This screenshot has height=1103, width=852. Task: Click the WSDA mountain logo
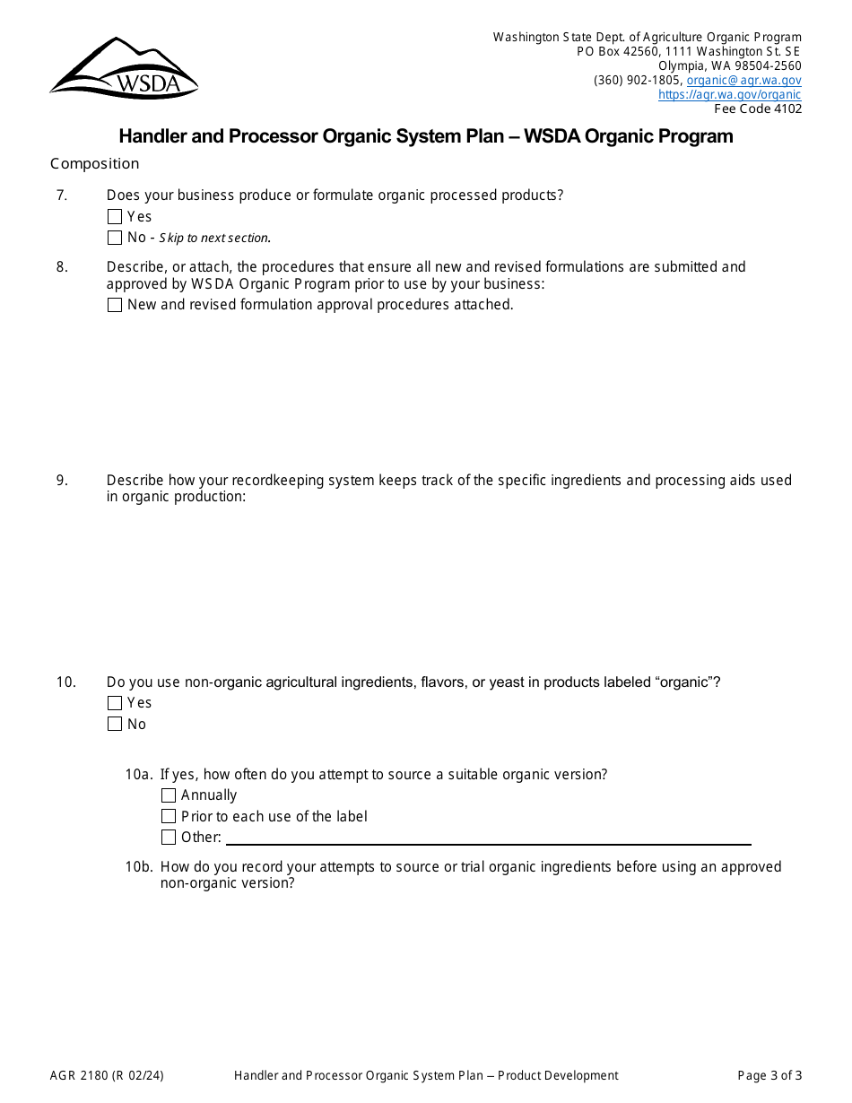tap(124, 68)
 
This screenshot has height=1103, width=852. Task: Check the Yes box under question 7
tap(115, 217)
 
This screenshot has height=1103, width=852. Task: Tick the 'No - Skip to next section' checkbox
tap(115, 238)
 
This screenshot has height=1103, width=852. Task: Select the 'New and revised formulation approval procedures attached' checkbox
tap(115, 305)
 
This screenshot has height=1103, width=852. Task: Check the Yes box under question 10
tap(115, 703)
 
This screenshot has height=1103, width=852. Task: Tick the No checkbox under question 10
tap(115, 725)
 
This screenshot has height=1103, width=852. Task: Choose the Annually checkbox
tap(169, 795)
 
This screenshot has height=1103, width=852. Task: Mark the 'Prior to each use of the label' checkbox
tap(169, 817)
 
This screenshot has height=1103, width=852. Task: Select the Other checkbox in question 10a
tap(169, 838)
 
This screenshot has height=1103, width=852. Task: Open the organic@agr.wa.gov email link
tap(743, 80)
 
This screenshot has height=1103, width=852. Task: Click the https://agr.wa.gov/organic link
tap(729, 94)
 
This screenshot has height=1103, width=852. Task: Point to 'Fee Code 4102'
tap(758, 109)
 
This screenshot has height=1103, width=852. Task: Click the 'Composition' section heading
tap(95, 163)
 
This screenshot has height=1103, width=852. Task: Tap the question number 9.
tap(62, 481)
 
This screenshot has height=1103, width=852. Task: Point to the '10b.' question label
tap(139, 867)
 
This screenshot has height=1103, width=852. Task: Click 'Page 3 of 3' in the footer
tap(769, 1076)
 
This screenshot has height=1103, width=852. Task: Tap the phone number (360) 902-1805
tap(637, 80)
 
